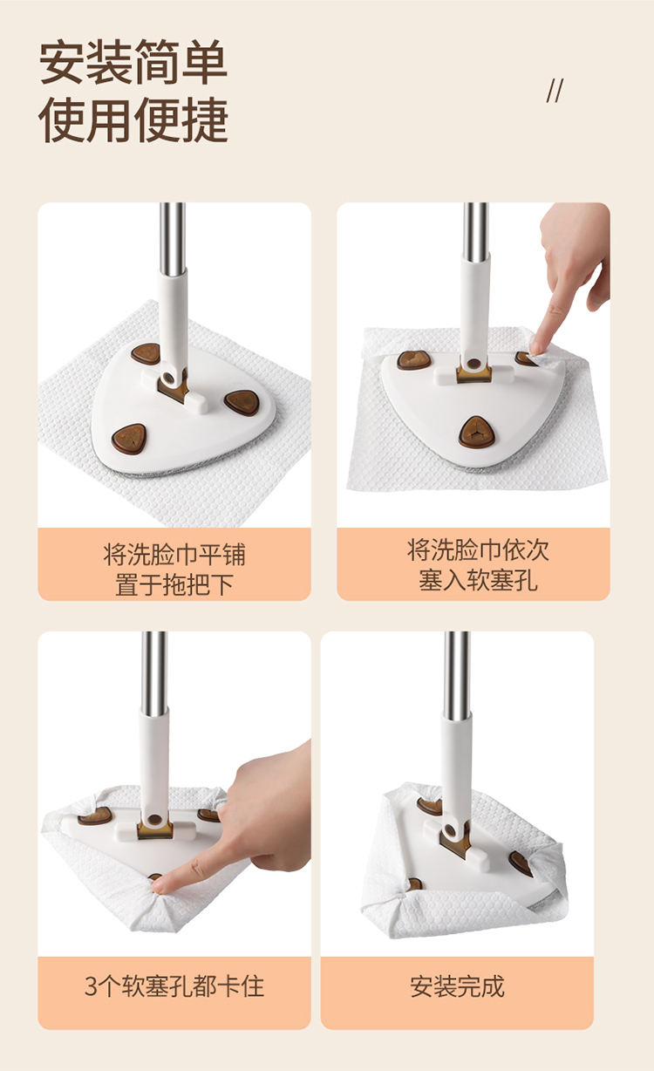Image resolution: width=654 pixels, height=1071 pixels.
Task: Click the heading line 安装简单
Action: (x=133, y=63)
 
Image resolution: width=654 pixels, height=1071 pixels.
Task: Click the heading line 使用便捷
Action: (x=133, y=119)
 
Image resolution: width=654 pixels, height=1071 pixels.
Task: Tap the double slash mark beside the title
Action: (x=555, y=91)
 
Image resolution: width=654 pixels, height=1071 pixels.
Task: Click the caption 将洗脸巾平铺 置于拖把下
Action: (x=174, y=569)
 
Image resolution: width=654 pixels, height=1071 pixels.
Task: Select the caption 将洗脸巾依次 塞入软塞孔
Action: (x=478, y=565)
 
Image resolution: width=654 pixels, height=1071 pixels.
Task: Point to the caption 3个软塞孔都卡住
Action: (x=174, y=986)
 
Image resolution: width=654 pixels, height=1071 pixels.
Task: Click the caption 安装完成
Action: (x=457, y=986)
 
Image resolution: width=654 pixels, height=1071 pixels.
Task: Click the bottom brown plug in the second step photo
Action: (x=476, y=432)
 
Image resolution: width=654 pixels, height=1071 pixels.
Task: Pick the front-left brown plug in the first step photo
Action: (x=129, y=439)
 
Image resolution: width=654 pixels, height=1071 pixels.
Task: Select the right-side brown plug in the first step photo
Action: (x=242, y=403)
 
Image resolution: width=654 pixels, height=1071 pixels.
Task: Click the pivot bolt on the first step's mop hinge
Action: (x=168, y=379)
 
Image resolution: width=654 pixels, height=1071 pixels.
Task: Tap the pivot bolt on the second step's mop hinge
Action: (x=473, y=365)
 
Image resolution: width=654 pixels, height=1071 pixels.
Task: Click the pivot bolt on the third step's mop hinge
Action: (x=154, y=820)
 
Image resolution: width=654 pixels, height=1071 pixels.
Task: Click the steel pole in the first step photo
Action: (x=172, y=239)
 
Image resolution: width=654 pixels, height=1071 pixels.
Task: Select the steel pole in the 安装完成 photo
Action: (x=457, y=675)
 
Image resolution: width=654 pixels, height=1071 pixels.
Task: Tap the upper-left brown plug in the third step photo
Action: (x=95, y=815)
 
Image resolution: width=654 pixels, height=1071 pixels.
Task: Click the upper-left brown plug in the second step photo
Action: (x=413, y=360)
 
